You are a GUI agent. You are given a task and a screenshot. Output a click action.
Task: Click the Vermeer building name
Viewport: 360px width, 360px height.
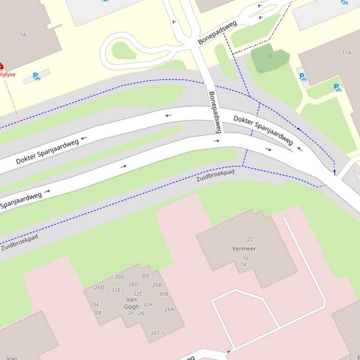coord(244,249)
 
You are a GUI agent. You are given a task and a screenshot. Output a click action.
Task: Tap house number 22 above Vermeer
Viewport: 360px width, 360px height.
coord(250,239)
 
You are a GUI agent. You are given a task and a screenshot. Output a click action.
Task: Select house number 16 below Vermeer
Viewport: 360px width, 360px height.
coord(245,258)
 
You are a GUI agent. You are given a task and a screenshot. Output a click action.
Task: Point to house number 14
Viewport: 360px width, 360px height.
coord(243,265)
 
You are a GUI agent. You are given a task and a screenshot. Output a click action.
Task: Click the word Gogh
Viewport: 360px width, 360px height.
coord(131,307)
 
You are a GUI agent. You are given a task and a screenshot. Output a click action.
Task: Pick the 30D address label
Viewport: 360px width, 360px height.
coord(119,277)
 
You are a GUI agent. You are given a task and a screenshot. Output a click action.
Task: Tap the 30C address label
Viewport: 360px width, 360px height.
coord(146,276)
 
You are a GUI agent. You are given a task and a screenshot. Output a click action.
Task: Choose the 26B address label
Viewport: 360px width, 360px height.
coord(156,285)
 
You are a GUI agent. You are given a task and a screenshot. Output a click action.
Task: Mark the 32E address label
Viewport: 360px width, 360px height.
coord(116,290)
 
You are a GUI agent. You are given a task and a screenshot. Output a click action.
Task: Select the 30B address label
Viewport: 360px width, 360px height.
coord(163,294)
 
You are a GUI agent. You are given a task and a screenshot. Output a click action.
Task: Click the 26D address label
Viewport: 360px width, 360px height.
coord(99,288)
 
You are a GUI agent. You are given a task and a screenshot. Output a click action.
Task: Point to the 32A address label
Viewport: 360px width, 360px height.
coord(147,304)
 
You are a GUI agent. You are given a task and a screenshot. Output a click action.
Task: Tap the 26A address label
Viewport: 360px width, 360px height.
coord(169,309)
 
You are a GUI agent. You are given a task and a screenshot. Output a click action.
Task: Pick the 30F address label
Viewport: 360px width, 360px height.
coord(97,313)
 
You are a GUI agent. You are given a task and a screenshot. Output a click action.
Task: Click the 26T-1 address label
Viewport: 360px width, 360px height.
coord(157,333)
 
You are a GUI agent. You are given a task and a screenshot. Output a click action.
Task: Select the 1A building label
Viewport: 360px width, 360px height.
coord(23,35)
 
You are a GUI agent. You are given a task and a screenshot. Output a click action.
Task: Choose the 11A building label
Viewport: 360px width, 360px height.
coord(346,53)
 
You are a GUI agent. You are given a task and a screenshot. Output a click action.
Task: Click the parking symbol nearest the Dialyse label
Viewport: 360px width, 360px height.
coord(36,76)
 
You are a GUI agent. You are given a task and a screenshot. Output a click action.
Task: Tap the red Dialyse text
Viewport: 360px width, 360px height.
coord(7,74)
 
